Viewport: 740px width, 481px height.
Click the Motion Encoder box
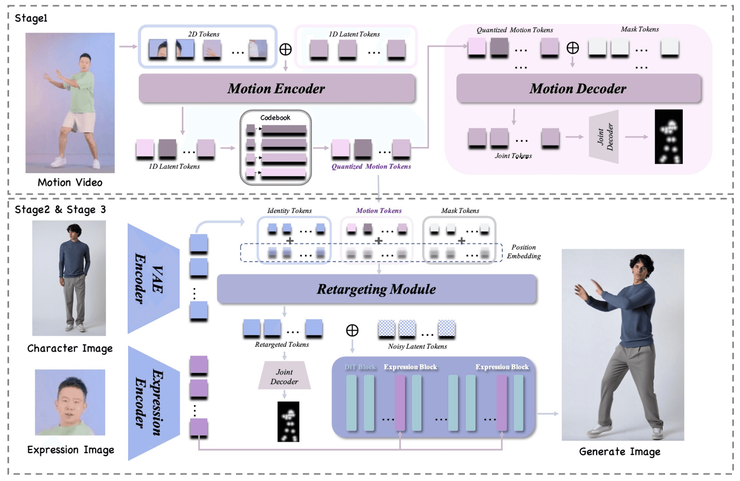276,88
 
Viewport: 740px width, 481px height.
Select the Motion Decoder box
578,88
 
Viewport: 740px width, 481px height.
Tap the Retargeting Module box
376,289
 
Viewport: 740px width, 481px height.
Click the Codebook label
275,117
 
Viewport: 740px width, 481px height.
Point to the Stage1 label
31,18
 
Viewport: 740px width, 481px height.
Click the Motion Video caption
70,182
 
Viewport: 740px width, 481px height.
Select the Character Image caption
70,349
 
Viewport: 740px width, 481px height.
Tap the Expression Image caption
70,450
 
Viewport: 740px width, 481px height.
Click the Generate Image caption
619,452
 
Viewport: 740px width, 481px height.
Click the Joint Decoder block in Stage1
604,137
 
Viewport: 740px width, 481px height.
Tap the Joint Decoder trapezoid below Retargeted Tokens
284,377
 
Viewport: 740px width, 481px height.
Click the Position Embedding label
523,252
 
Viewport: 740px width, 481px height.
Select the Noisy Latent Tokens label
417,346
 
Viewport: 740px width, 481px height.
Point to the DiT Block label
360,367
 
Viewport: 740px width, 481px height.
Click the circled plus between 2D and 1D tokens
286,49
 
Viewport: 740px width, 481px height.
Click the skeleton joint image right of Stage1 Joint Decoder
669,137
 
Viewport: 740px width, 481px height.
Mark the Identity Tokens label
289,211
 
